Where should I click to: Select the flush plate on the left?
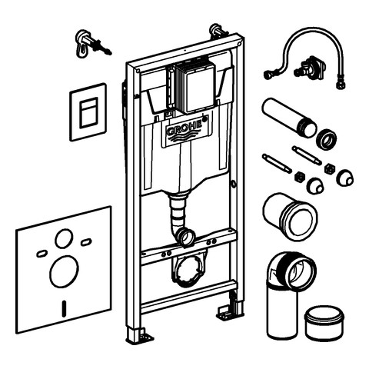[88, 112]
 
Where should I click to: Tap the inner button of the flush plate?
[88, 113]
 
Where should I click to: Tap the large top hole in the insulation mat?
[64, 238]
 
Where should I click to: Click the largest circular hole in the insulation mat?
[64, 272]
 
